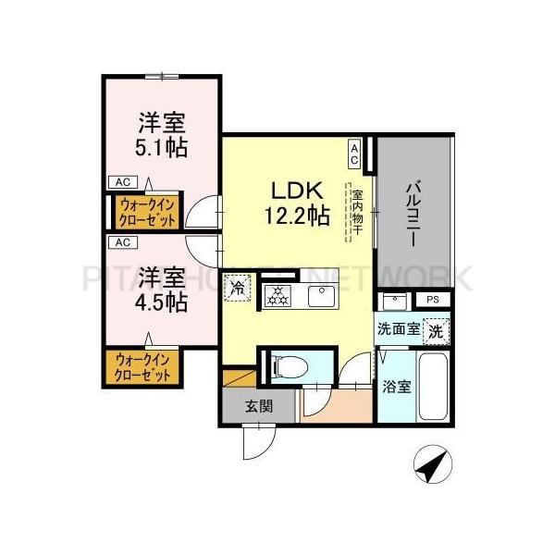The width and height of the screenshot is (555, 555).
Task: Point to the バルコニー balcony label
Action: (x=413, y=211)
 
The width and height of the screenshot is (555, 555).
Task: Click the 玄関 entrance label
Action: (x=258, y=406)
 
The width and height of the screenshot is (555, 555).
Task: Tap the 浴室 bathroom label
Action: (x=399, y=388)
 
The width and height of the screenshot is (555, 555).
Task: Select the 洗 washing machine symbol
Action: (x=438, y=327)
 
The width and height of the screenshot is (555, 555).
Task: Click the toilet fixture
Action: (x=288, y=367)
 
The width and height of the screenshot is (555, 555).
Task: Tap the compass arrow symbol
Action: (x=428, y=464)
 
